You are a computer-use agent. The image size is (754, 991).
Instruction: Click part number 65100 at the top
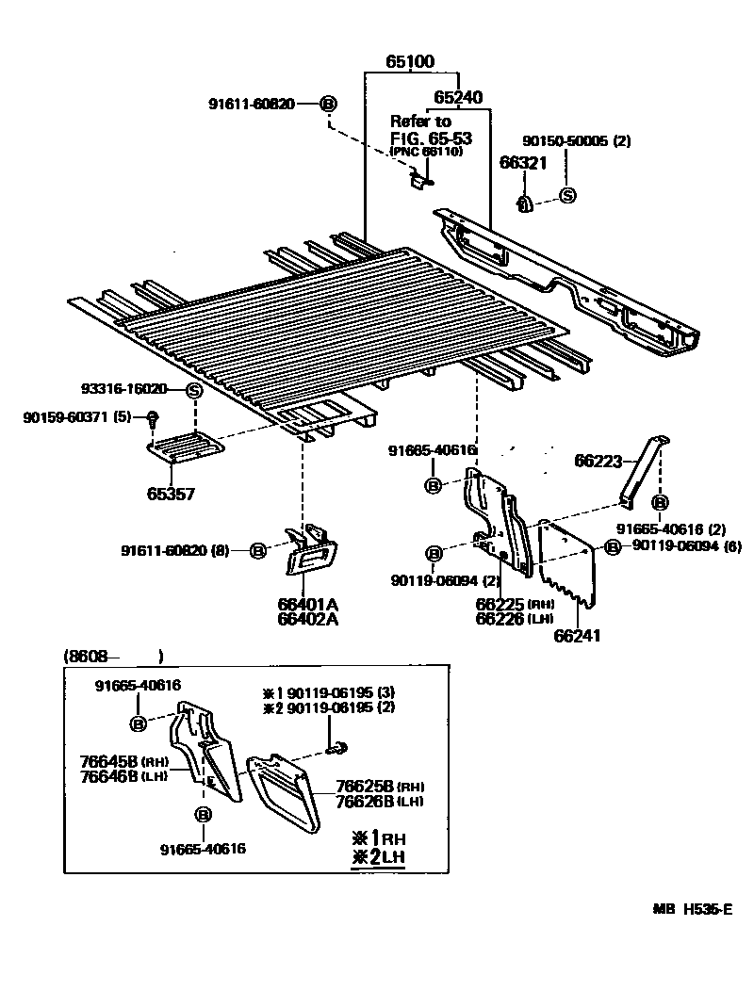coord(409,62)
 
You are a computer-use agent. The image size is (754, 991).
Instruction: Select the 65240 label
coord(458,97)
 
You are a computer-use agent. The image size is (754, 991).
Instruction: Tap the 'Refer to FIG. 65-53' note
coord(431,129)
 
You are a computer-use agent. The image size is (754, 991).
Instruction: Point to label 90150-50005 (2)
coord(577,140)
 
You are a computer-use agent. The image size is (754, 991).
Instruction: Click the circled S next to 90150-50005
coord(567,195)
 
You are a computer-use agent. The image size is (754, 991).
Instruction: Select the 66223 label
coord(599,460)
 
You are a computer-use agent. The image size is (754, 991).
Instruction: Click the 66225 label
coord(500,604)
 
